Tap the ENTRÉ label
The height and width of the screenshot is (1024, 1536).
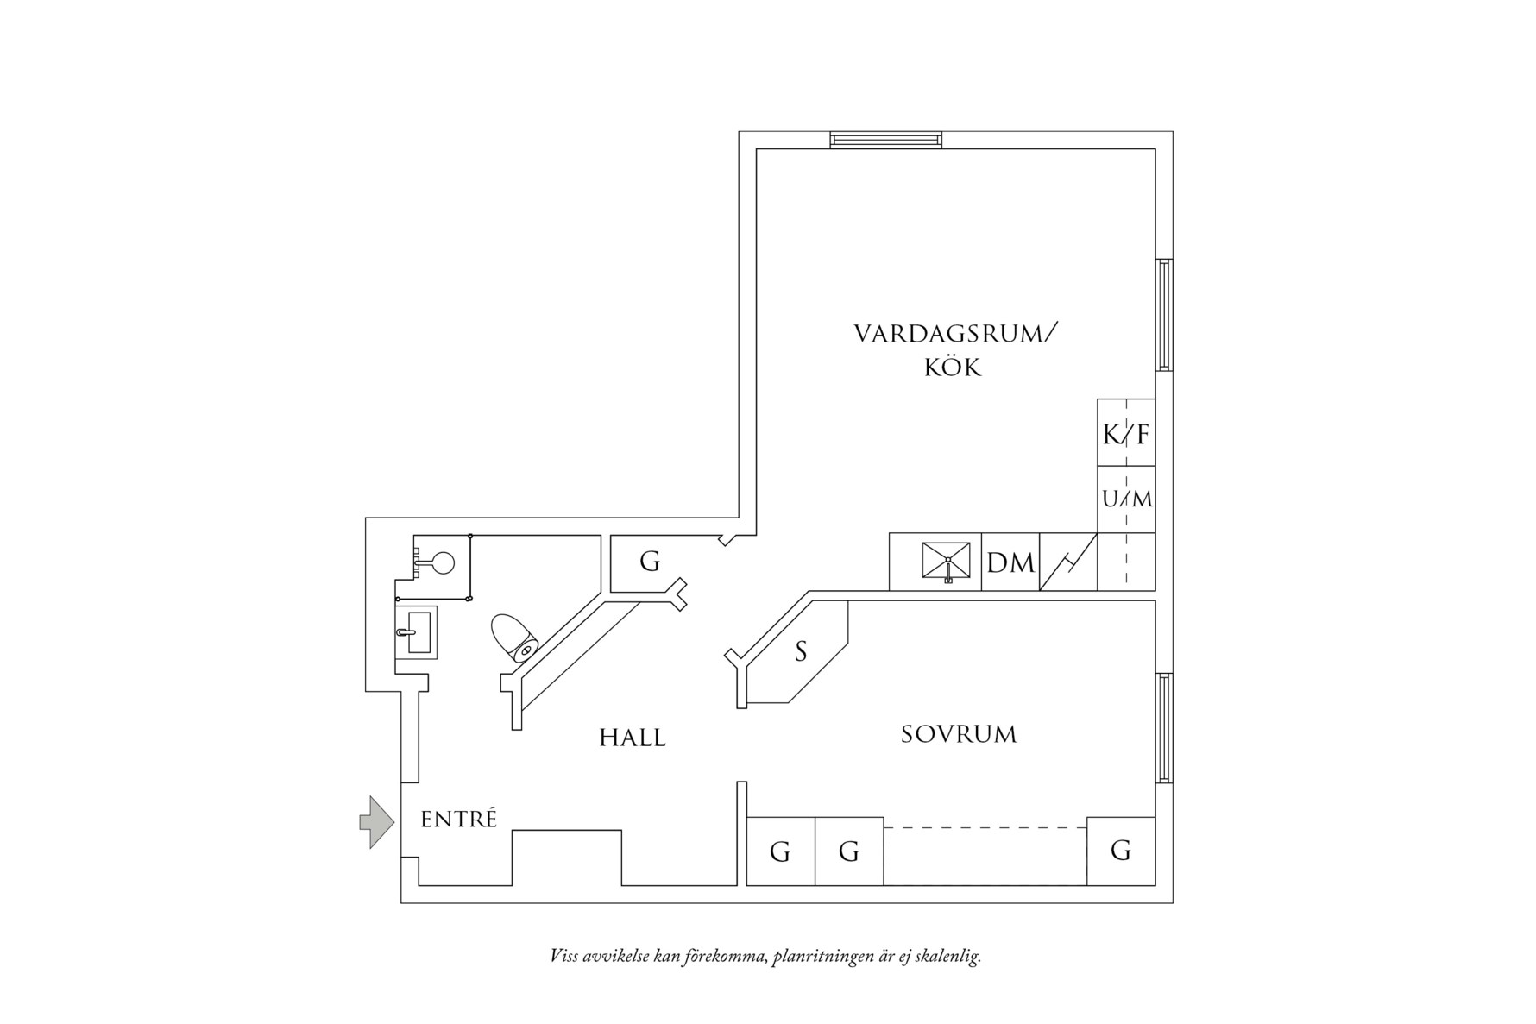click(459, 819)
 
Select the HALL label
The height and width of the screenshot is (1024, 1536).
click(633, 738)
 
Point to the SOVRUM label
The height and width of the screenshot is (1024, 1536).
click(959, 734)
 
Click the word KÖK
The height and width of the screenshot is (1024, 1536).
click(954, 368)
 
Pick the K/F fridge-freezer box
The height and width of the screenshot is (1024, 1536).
click(1126, 433)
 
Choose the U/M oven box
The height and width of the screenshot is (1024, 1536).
click(1126, 499)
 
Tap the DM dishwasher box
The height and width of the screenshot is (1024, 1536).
click(1010, 562)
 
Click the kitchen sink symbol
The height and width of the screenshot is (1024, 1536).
click(947, 562)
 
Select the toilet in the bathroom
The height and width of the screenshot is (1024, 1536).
click(514, 638)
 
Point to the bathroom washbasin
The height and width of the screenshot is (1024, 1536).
click(417, 631)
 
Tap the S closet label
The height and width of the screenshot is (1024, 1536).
click(801, 652)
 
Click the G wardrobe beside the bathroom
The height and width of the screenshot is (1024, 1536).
click(649, 562)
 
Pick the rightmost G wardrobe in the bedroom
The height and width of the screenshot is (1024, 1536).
click(1121, 851)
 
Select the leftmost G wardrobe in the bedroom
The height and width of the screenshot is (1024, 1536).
click(780, 851)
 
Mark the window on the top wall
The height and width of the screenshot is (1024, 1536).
click(886, 140)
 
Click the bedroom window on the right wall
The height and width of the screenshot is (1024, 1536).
click(1164, 728)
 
